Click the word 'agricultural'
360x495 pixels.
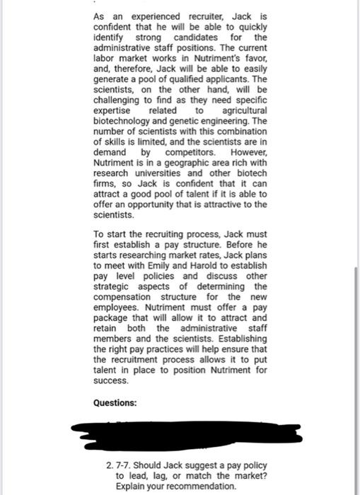point(245,111)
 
